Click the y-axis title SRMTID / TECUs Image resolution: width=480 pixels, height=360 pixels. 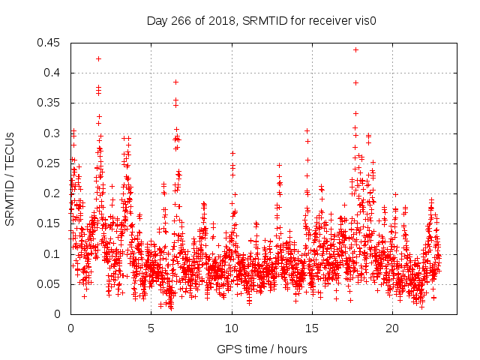tap(10, 179)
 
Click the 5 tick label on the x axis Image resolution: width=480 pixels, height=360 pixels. tap(151, 328)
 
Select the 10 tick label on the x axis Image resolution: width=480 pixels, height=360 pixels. tap(232, 328)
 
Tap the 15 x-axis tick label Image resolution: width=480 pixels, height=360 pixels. tap(312, 328)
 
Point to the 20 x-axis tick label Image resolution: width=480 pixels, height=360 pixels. tap(393, 328)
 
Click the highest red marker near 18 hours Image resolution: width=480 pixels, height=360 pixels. tap(355, 50)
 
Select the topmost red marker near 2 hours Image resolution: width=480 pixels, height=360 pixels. tap(98, 58)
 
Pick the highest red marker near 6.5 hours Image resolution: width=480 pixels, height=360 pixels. tap(175, 82)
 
